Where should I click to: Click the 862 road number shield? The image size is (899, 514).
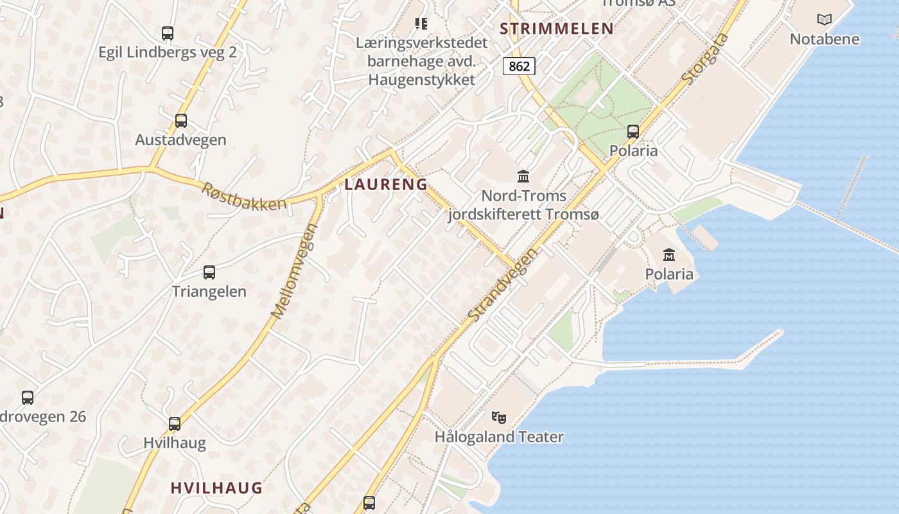pos(519,66)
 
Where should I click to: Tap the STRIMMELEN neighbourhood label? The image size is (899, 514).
pos(557,28)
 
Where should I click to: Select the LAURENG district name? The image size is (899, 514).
pos(386,184)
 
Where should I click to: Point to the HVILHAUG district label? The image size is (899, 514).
pos(216,488)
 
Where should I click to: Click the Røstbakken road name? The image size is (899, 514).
pos(244,196)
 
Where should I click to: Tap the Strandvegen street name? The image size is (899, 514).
pos(502,286)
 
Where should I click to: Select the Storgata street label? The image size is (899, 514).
pos(706,59)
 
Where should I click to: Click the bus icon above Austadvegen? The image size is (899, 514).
pos(181,120)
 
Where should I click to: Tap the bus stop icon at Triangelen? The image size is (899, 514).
pos(209,272)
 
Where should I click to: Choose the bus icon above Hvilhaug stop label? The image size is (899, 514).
pos(175,423)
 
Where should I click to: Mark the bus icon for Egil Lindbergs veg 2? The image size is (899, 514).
pos(168,33)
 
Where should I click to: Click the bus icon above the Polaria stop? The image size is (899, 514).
pos(633,131)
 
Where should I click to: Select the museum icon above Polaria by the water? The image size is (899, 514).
pos(669,254)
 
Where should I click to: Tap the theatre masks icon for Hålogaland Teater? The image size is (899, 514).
pos(499,417)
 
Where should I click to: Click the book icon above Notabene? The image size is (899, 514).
pos(825,20)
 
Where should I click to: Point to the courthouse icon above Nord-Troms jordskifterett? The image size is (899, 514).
pos(523,175)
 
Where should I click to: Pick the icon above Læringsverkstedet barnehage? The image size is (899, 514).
pos(421,24)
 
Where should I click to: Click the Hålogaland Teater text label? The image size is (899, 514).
pos(499,437)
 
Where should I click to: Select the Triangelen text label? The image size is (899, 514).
pos(209,291)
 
